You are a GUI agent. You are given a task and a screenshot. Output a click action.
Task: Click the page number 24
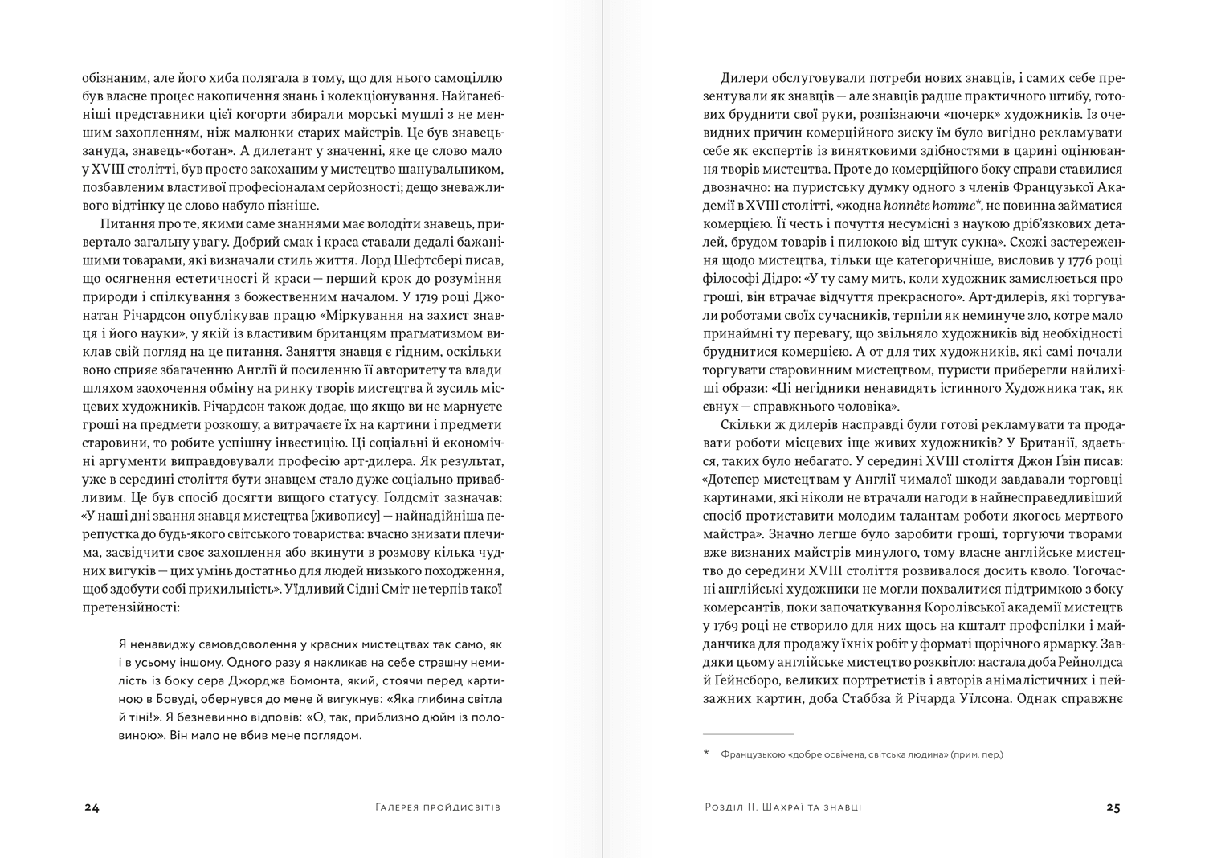click(92, 807)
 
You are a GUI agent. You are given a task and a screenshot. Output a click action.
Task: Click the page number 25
click(1113, 807)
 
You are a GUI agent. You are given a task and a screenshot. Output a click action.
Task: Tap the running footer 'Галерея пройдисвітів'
click(438, 807)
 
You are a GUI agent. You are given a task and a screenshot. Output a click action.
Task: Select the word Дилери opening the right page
click(746, 78)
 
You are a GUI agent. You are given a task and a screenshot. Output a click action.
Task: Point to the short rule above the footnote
click(748, 733)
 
